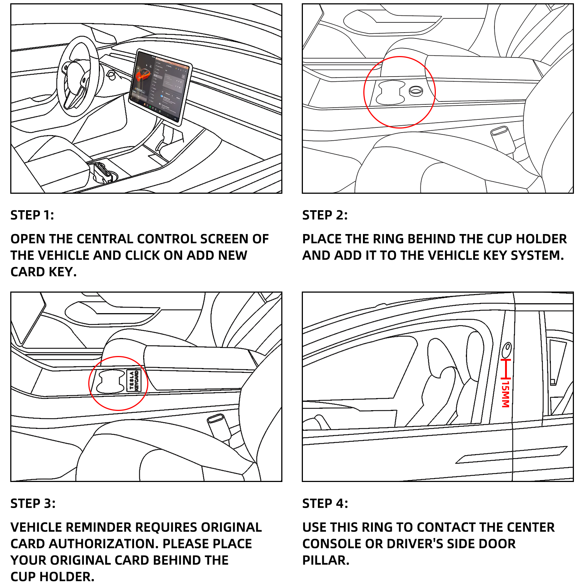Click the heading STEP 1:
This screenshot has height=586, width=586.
(32, 215)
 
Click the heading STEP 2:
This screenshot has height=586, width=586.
(325, 215)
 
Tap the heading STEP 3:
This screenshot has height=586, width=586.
(33, 503)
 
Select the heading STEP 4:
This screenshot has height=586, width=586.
(325, 503)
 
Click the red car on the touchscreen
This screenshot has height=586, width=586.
(143, 75)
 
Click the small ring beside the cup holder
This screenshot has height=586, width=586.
(416, 91)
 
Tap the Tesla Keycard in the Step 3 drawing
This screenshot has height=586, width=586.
(134, 381)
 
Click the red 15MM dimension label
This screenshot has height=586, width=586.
(505, 394)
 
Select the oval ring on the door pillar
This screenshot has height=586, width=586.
(507, 350)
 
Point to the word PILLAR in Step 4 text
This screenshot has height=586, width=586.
(326, 560)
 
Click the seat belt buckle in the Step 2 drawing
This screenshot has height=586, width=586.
(503, 139)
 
